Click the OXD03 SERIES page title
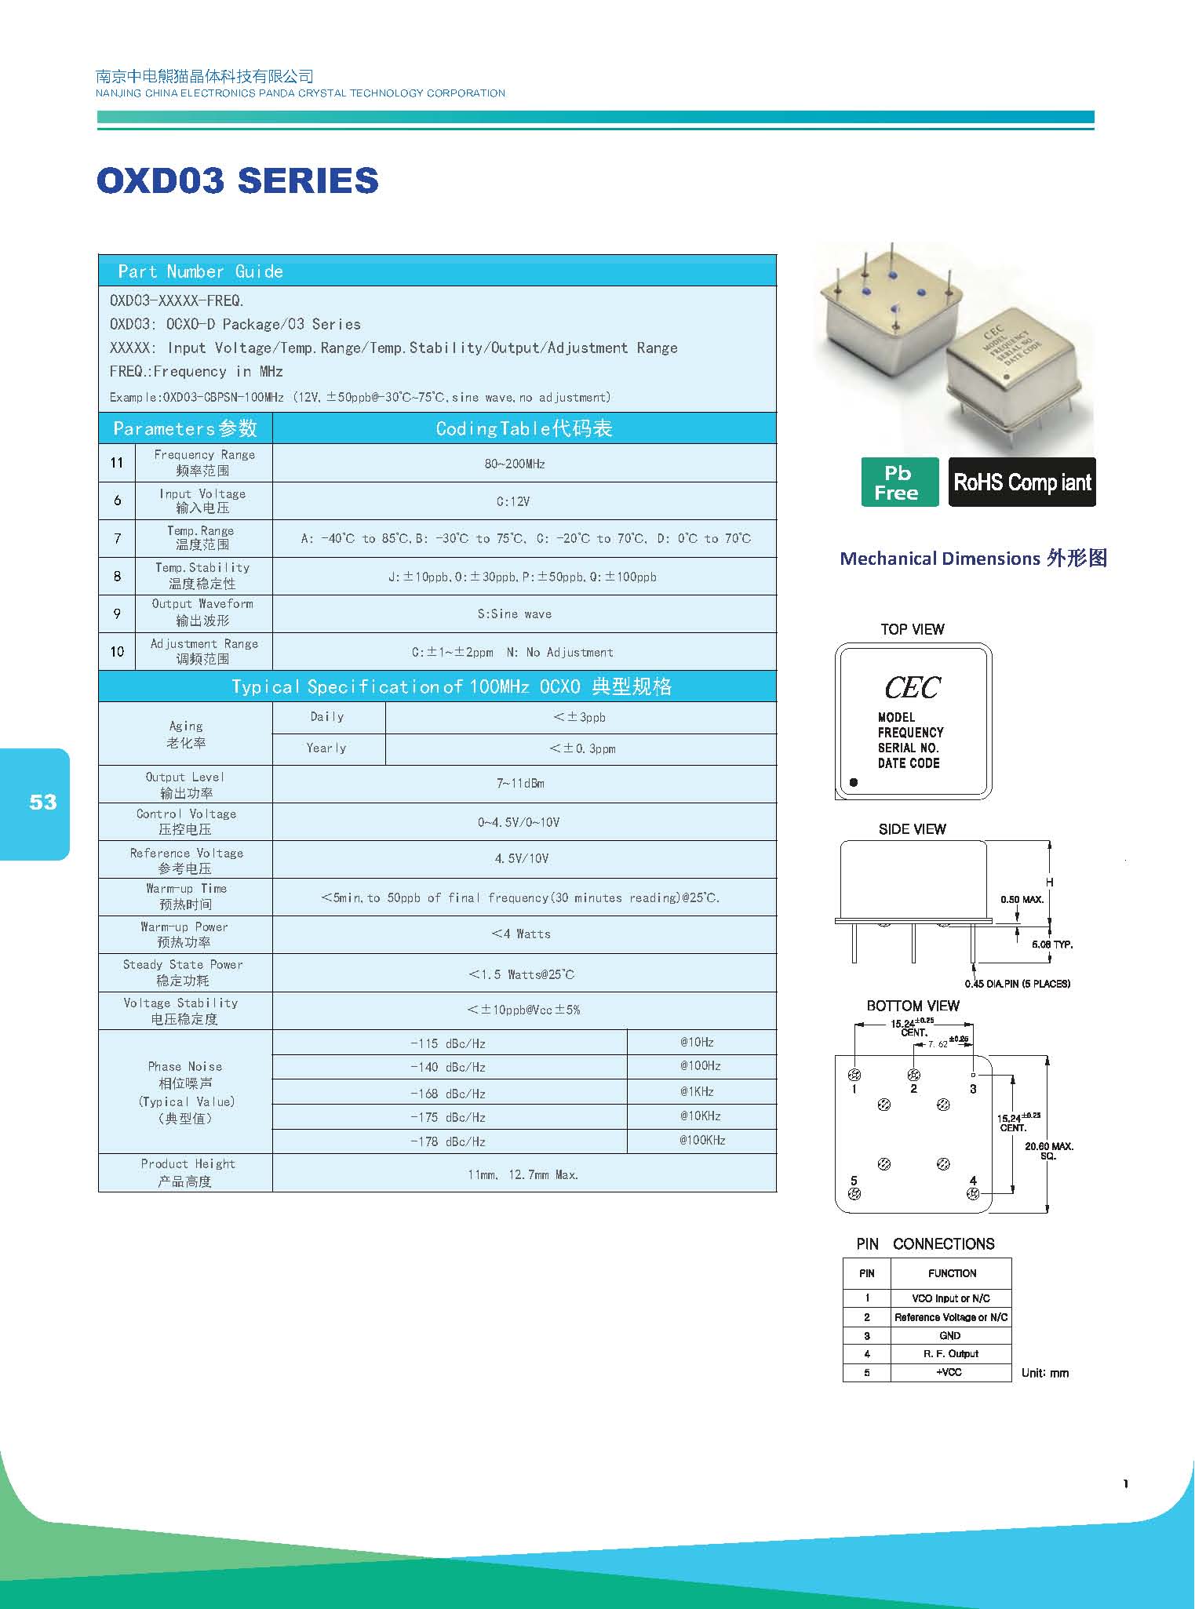(x=238, y=180)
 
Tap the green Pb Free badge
(x=899, y=482)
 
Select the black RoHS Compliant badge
(x=1022, y=482)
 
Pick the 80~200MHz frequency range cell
(x=515, y=464)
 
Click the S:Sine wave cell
(x=515, y=614)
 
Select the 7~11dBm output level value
(x=520, y=784)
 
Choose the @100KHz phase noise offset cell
(x=702, y=1140)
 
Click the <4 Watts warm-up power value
(x=521, y=934)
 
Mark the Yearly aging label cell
(x=326, y=748)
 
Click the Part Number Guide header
(x=200, y=271)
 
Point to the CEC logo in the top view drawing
(x=912, y=688)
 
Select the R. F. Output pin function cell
(x=951, y=1353)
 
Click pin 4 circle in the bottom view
(x=973, y=1194)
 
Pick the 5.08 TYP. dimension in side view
(x=1052, y=945)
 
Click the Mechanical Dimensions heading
(x=973, y=559)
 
